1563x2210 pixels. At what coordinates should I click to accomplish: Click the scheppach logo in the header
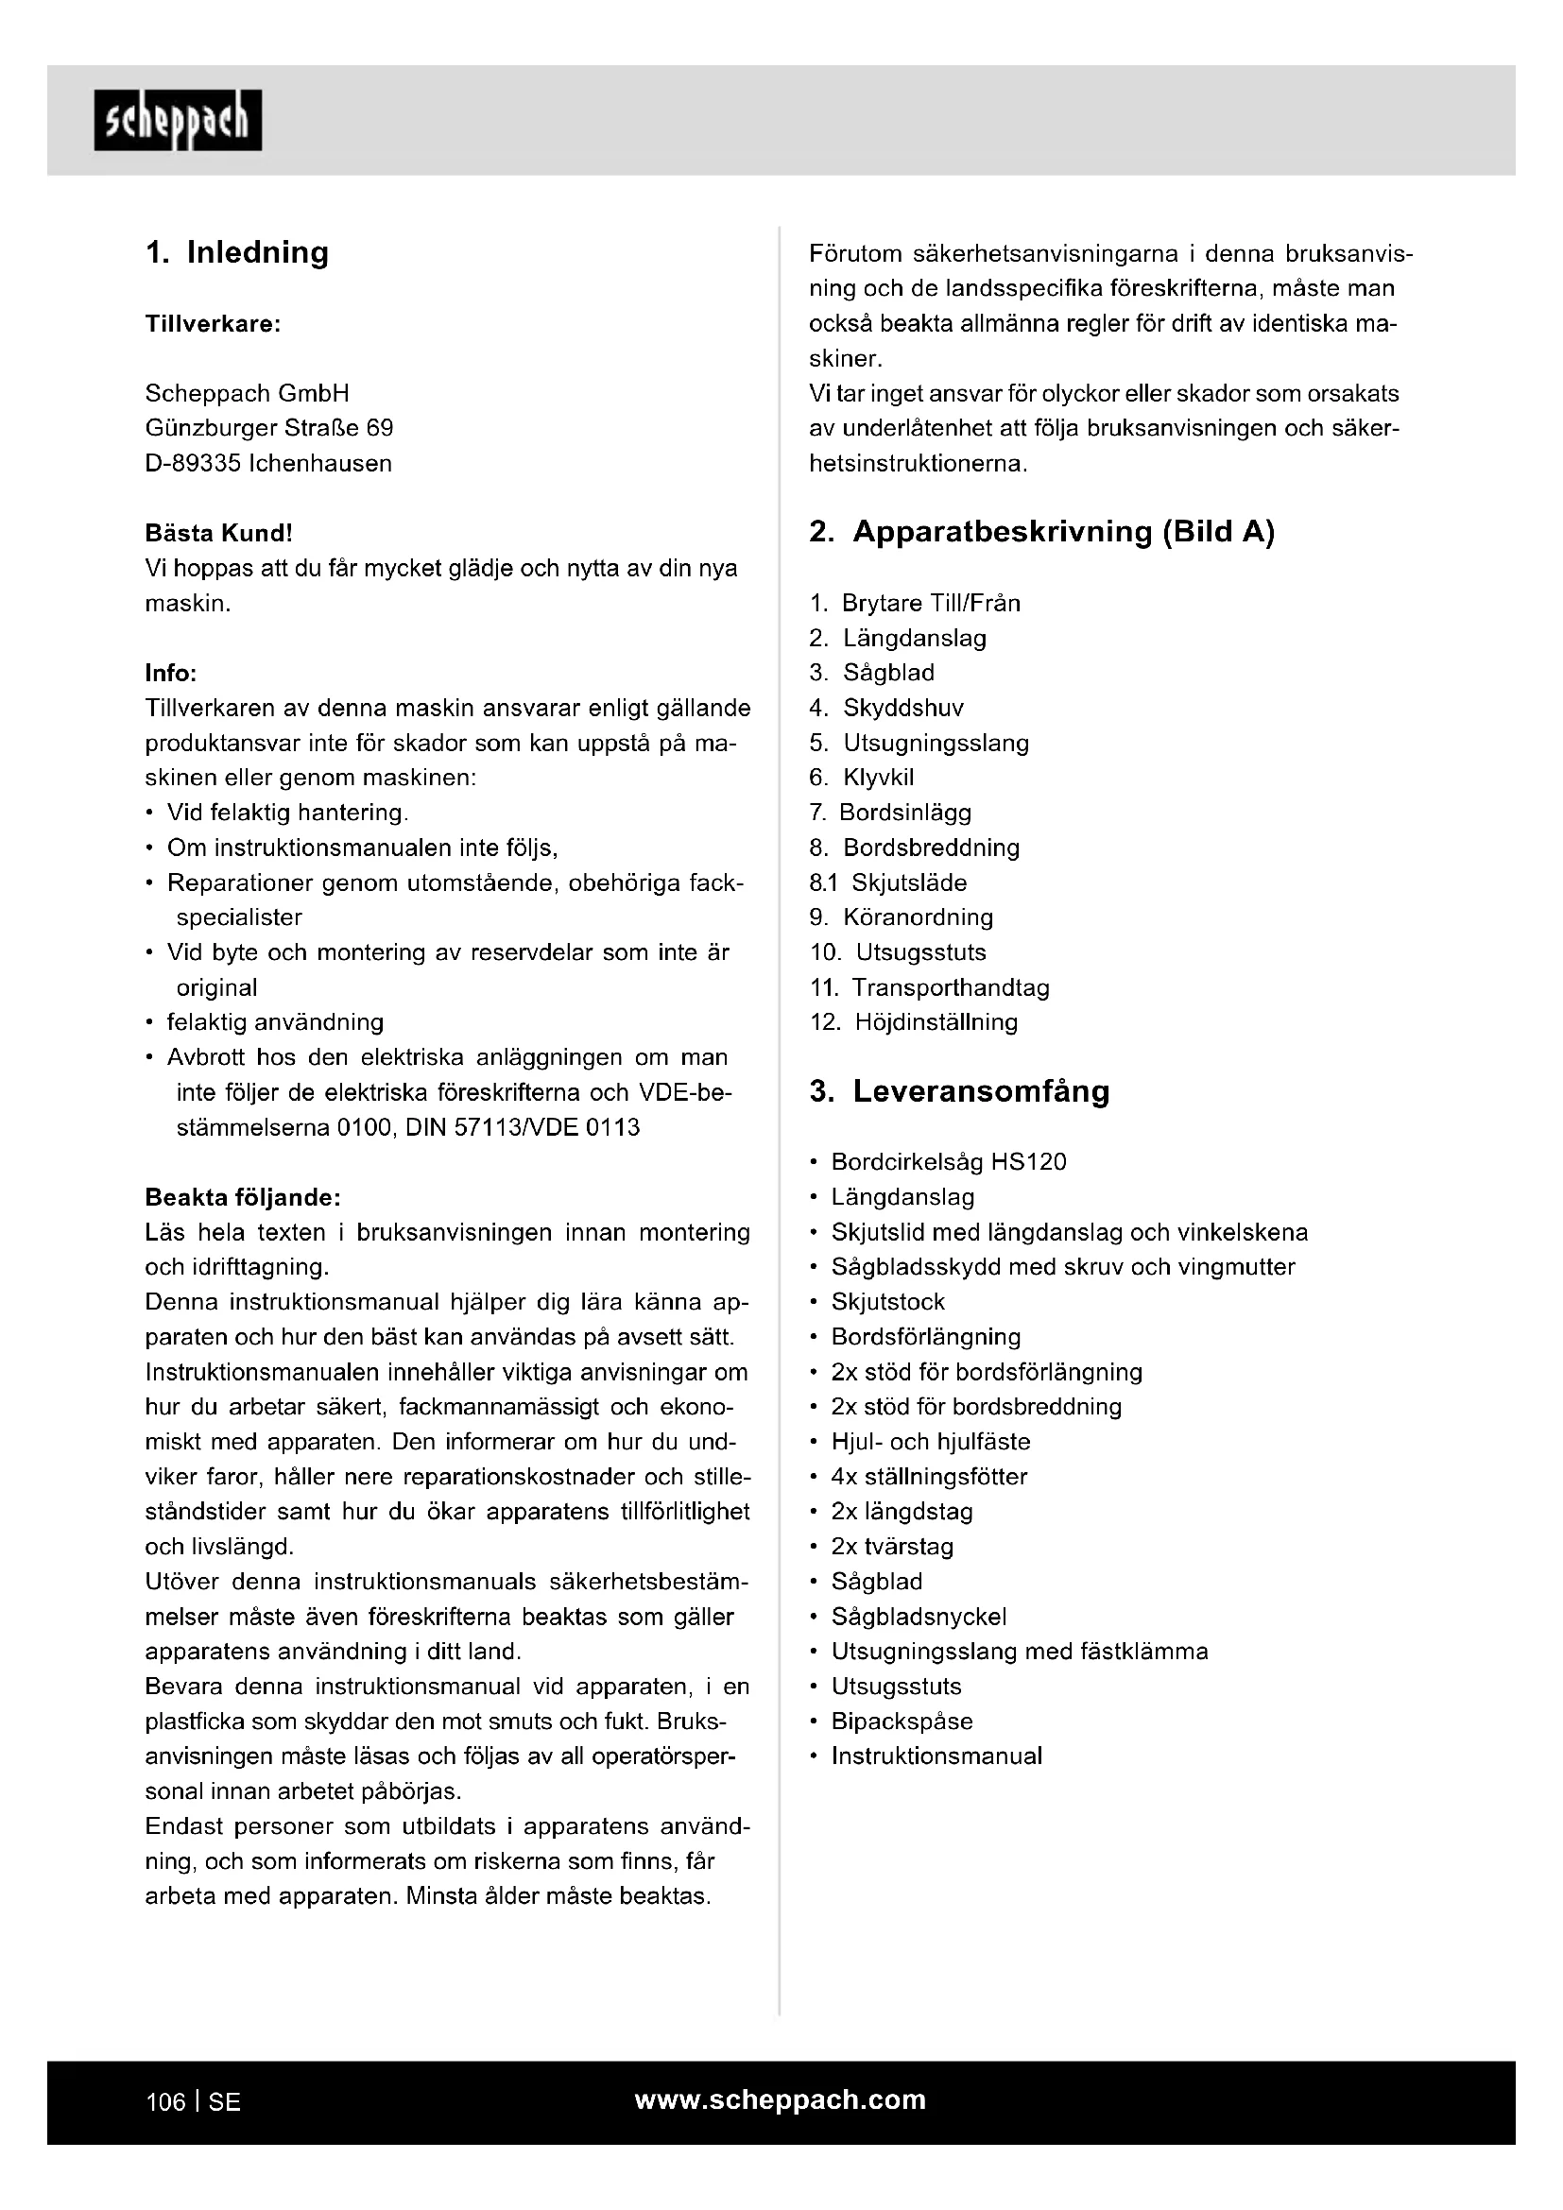point(178,120)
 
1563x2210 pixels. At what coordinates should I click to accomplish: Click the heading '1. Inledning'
point(237,252)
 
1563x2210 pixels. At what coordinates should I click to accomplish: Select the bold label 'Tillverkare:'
point(213,323)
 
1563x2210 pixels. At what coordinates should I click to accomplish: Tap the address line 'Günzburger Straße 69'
point(268,428)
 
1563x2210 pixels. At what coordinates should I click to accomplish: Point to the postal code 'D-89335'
point(193,464)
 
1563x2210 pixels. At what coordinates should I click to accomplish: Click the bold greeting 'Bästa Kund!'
point(218,533)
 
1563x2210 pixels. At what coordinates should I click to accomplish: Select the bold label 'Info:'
point(170,673)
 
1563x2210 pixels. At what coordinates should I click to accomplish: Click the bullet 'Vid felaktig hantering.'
point(287,814)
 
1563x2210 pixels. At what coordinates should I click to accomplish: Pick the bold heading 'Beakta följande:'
point(243,1197)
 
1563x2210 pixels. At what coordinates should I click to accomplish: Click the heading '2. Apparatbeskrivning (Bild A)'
point(1041,532)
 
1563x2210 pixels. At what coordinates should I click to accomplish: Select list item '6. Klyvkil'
point(862,778)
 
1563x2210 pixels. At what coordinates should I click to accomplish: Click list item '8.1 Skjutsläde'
point(887,882)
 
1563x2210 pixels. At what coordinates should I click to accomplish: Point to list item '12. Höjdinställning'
point(914,1022)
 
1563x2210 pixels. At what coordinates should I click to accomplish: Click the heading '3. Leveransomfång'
point(959,1091)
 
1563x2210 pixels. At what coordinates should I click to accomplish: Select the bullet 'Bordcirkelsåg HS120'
point(948,1163)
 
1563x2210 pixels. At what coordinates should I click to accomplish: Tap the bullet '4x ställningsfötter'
point(929,1477)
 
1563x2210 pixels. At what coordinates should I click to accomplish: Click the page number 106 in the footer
point(165,2102)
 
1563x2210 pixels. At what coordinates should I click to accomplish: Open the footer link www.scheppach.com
point(780,2100)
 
